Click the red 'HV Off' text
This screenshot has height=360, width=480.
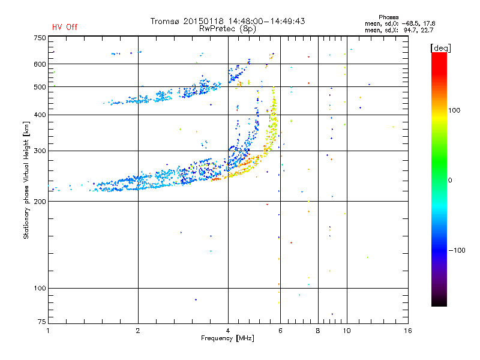tap(65, 27)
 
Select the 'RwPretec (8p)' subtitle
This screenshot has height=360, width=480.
tap(227, 29)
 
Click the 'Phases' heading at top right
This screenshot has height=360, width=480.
tap(388, 17)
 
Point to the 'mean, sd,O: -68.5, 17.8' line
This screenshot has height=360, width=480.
tap(400, 23)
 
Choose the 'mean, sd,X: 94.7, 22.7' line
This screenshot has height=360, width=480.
tap(399, 30)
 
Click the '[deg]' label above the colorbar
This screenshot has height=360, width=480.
tap(440, 48)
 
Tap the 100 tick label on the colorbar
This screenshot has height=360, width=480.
tap(454, 110)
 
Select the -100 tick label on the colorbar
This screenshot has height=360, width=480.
tap(457, 250)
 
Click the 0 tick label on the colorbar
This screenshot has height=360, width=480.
tap(450, 181)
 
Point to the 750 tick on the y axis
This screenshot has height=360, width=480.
tap(40, 38)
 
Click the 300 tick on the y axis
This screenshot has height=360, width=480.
tap(40, 151)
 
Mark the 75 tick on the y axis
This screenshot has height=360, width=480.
tap(42, 322)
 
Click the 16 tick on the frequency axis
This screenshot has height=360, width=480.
tap(408, 331)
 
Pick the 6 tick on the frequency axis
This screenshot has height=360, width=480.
tap(280, 331)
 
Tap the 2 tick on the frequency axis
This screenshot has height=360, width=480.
tap(138, 331)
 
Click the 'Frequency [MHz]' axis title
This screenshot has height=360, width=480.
tap(227, 338)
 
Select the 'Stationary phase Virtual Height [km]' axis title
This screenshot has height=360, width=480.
tap(26, 180)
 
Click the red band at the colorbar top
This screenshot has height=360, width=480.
tap(439, 61)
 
